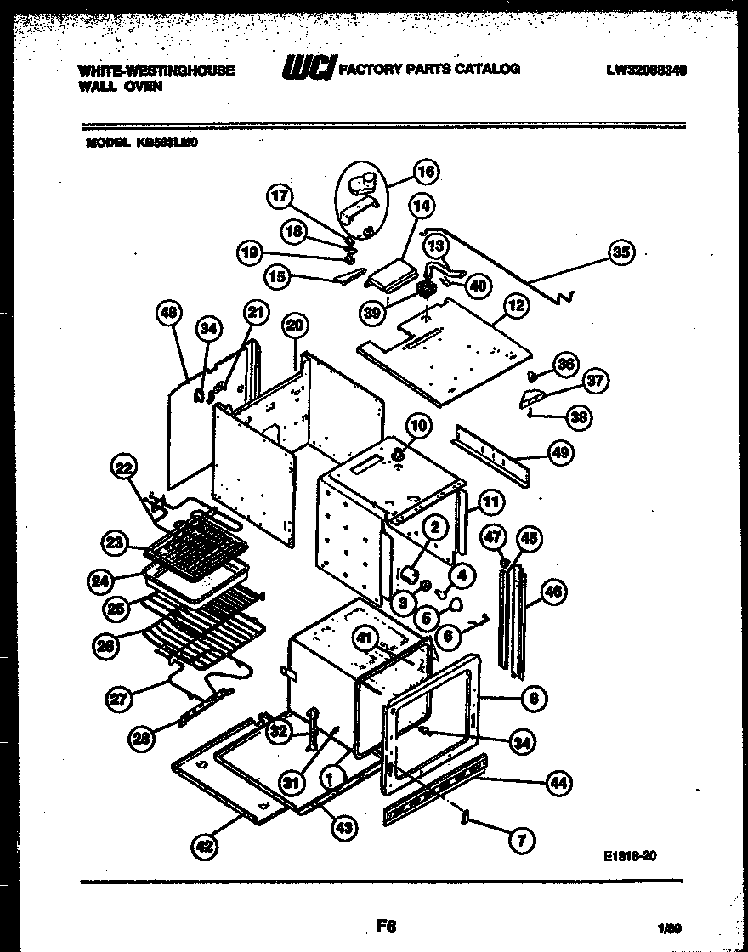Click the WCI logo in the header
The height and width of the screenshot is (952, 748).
tap(308, 69)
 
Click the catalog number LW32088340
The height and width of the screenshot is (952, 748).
tap(646, 71)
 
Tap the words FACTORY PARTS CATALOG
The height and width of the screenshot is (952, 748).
tap(429, 69)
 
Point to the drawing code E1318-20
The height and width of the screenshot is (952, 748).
tap(626, 856)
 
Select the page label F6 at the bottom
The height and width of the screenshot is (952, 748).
tap(387, 926)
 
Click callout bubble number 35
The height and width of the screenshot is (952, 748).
tap(622, 252)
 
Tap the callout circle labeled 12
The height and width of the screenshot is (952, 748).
tap(517, 304)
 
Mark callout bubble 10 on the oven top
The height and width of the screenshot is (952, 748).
tap(418, 425)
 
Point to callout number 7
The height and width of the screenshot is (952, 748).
tap(522, 841)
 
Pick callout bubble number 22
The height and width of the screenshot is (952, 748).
tap(125, 467)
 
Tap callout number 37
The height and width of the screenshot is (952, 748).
tap(595, 382)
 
